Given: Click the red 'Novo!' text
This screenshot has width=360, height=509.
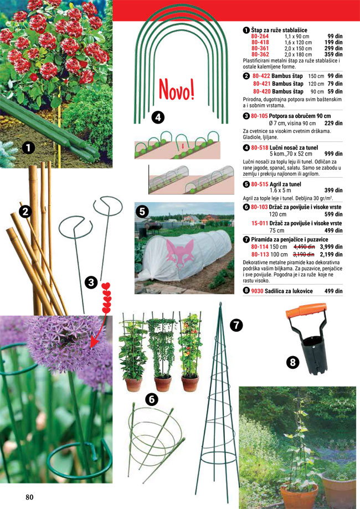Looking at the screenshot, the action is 177,90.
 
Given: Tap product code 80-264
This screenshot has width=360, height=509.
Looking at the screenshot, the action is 260,37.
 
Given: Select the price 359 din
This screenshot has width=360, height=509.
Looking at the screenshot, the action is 333,54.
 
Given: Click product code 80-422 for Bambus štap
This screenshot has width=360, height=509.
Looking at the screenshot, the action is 261,76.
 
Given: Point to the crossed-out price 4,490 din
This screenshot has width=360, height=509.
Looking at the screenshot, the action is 304,246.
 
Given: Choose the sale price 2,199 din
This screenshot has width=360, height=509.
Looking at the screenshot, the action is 331,255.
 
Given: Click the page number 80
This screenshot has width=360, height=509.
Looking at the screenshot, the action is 29,497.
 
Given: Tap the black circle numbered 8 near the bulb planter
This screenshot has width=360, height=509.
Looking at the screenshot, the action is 292,362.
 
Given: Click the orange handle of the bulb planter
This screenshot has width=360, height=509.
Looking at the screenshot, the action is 306,311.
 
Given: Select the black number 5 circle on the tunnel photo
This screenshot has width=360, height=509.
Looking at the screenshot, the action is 142,212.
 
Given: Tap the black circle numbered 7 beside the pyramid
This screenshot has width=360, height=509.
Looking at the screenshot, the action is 236,325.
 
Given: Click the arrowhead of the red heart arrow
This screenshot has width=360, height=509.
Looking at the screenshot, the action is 94,343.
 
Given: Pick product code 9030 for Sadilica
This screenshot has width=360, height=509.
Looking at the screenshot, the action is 257,291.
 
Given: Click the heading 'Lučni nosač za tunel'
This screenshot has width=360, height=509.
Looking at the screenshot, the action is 294,148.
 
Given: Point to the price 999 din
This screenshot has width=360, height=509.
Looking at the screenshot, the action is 333,154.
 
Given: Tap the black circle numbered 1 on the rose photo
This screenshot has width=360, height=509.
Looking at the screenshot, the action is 28,148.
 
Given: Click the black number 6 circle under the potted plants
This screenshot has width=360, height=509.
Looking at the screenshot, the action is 152,399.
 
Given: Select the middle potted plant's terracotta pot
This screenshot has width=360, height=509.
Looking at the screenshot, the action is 163,384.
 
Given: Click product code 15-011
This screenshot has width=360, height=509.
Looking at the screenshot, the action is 260,223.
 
